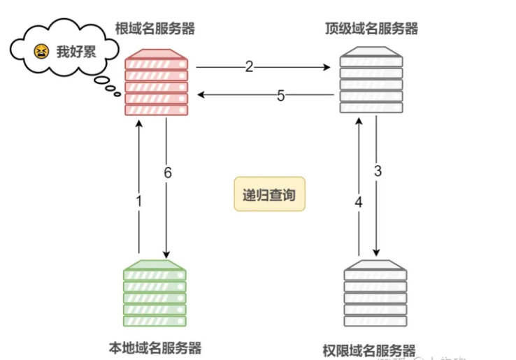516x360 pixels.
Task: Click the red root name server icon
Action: click(x=157, y=82)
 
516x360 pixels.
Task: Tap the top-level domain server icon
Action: click(x=371, y=82)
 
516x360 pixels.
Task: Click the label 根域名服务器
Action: click(x=155, y=29)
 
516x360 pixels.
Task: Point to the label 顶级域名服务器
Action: click(x=371, y=29)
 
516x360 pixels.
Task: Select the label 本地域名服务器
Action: click(x=155, y=347)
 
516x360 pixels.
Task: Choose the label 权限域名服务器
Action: click(x=369, y=350)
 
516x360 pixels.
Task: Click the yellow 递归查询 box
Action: click(x=268, y=194)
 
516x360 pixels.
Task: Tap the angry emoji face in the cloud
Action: click(x=42, y=51)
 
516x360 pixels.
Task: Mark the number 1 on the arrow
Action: click(x=138, y=201)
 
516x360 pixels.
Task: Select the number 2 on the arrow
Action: click(x=249, y=67)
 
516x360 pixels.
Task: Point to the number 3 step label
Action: click(x=378, y=170)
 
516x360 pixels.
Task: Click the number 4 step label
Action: click(x=359, y=202)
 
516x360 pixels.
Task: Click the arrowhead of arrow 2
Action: click(x=328, y=68)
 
